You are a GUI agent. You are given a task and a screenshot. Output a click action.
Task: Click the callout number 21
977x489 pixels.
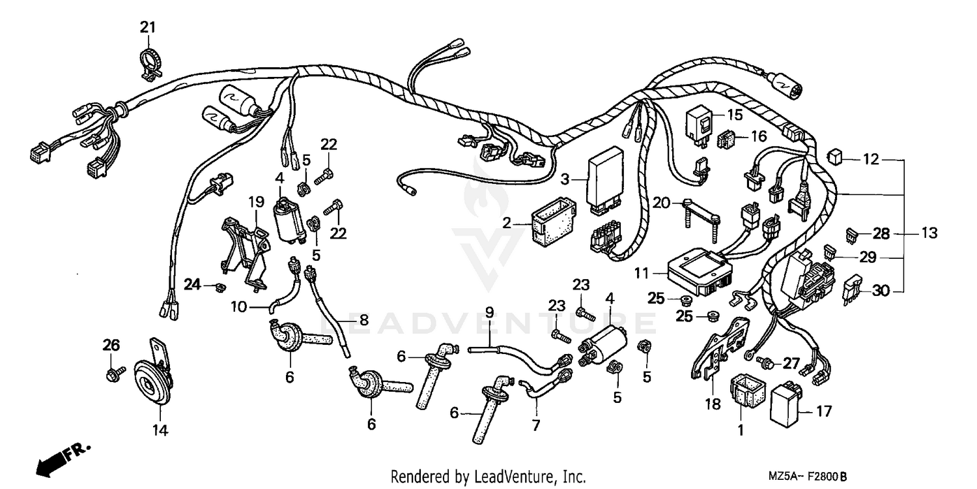pos(149,27)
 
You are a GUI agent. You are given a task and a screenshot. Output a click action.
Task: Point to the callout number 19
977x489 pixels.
pos(255,201)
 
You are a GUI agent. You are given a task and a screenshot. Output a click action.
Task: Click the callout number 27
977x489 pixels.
pos(791,364)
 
